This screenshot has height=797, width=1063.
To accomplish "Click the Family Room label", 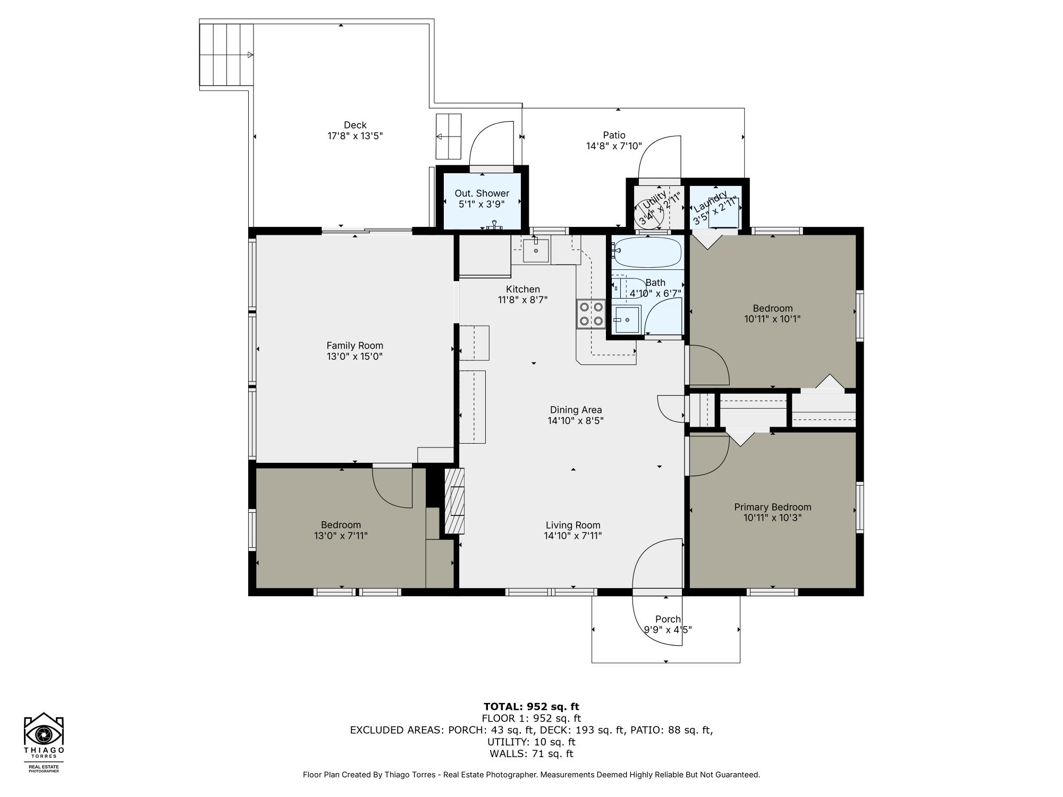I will pyautogui.click(x=355, y=345).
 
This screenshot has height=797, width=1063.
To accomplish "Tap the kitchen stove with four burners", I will pyautogui.click(x=591, y=313).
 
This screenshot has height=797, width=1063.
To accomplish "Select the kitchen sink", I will pyautogui.click(x=536, y=251).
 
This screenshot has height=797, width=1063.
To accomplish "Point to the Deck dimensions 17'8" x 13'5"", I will pyautogui.click(x=355, y=136).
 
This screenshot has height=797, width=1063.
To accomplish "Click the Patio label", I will pyautogui.click(x=614, y=135).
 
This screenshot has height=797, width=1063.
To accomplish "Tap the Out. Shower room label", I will pyautogui.click(x=482, y=193).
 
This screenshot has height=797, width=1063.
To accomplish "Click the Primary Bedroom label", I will pyautogui.click(x=772, y=507).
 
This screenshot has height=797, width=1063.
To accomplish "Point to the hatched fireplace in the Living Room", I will pyautogui.click(x=454, y=501).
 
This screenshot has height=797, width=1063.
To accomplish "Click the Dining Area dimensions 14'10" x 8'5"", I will pyautogui.click(x=576, y=421).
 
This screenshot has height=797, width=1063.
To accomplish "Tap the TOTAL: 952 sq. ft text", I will pyautogui.click(x=531, y=707).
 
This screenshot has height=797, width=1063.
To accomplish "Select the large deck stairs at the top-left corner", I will pyautogui.click(x=226, y=55).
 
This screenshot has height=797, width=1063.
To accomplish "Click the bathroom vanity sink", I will pyautogui.click(x=627, y=320).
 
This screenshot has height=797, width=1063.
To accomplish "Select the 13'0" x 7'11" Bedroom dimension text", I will pyautogui.click(x=341, y=536).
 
